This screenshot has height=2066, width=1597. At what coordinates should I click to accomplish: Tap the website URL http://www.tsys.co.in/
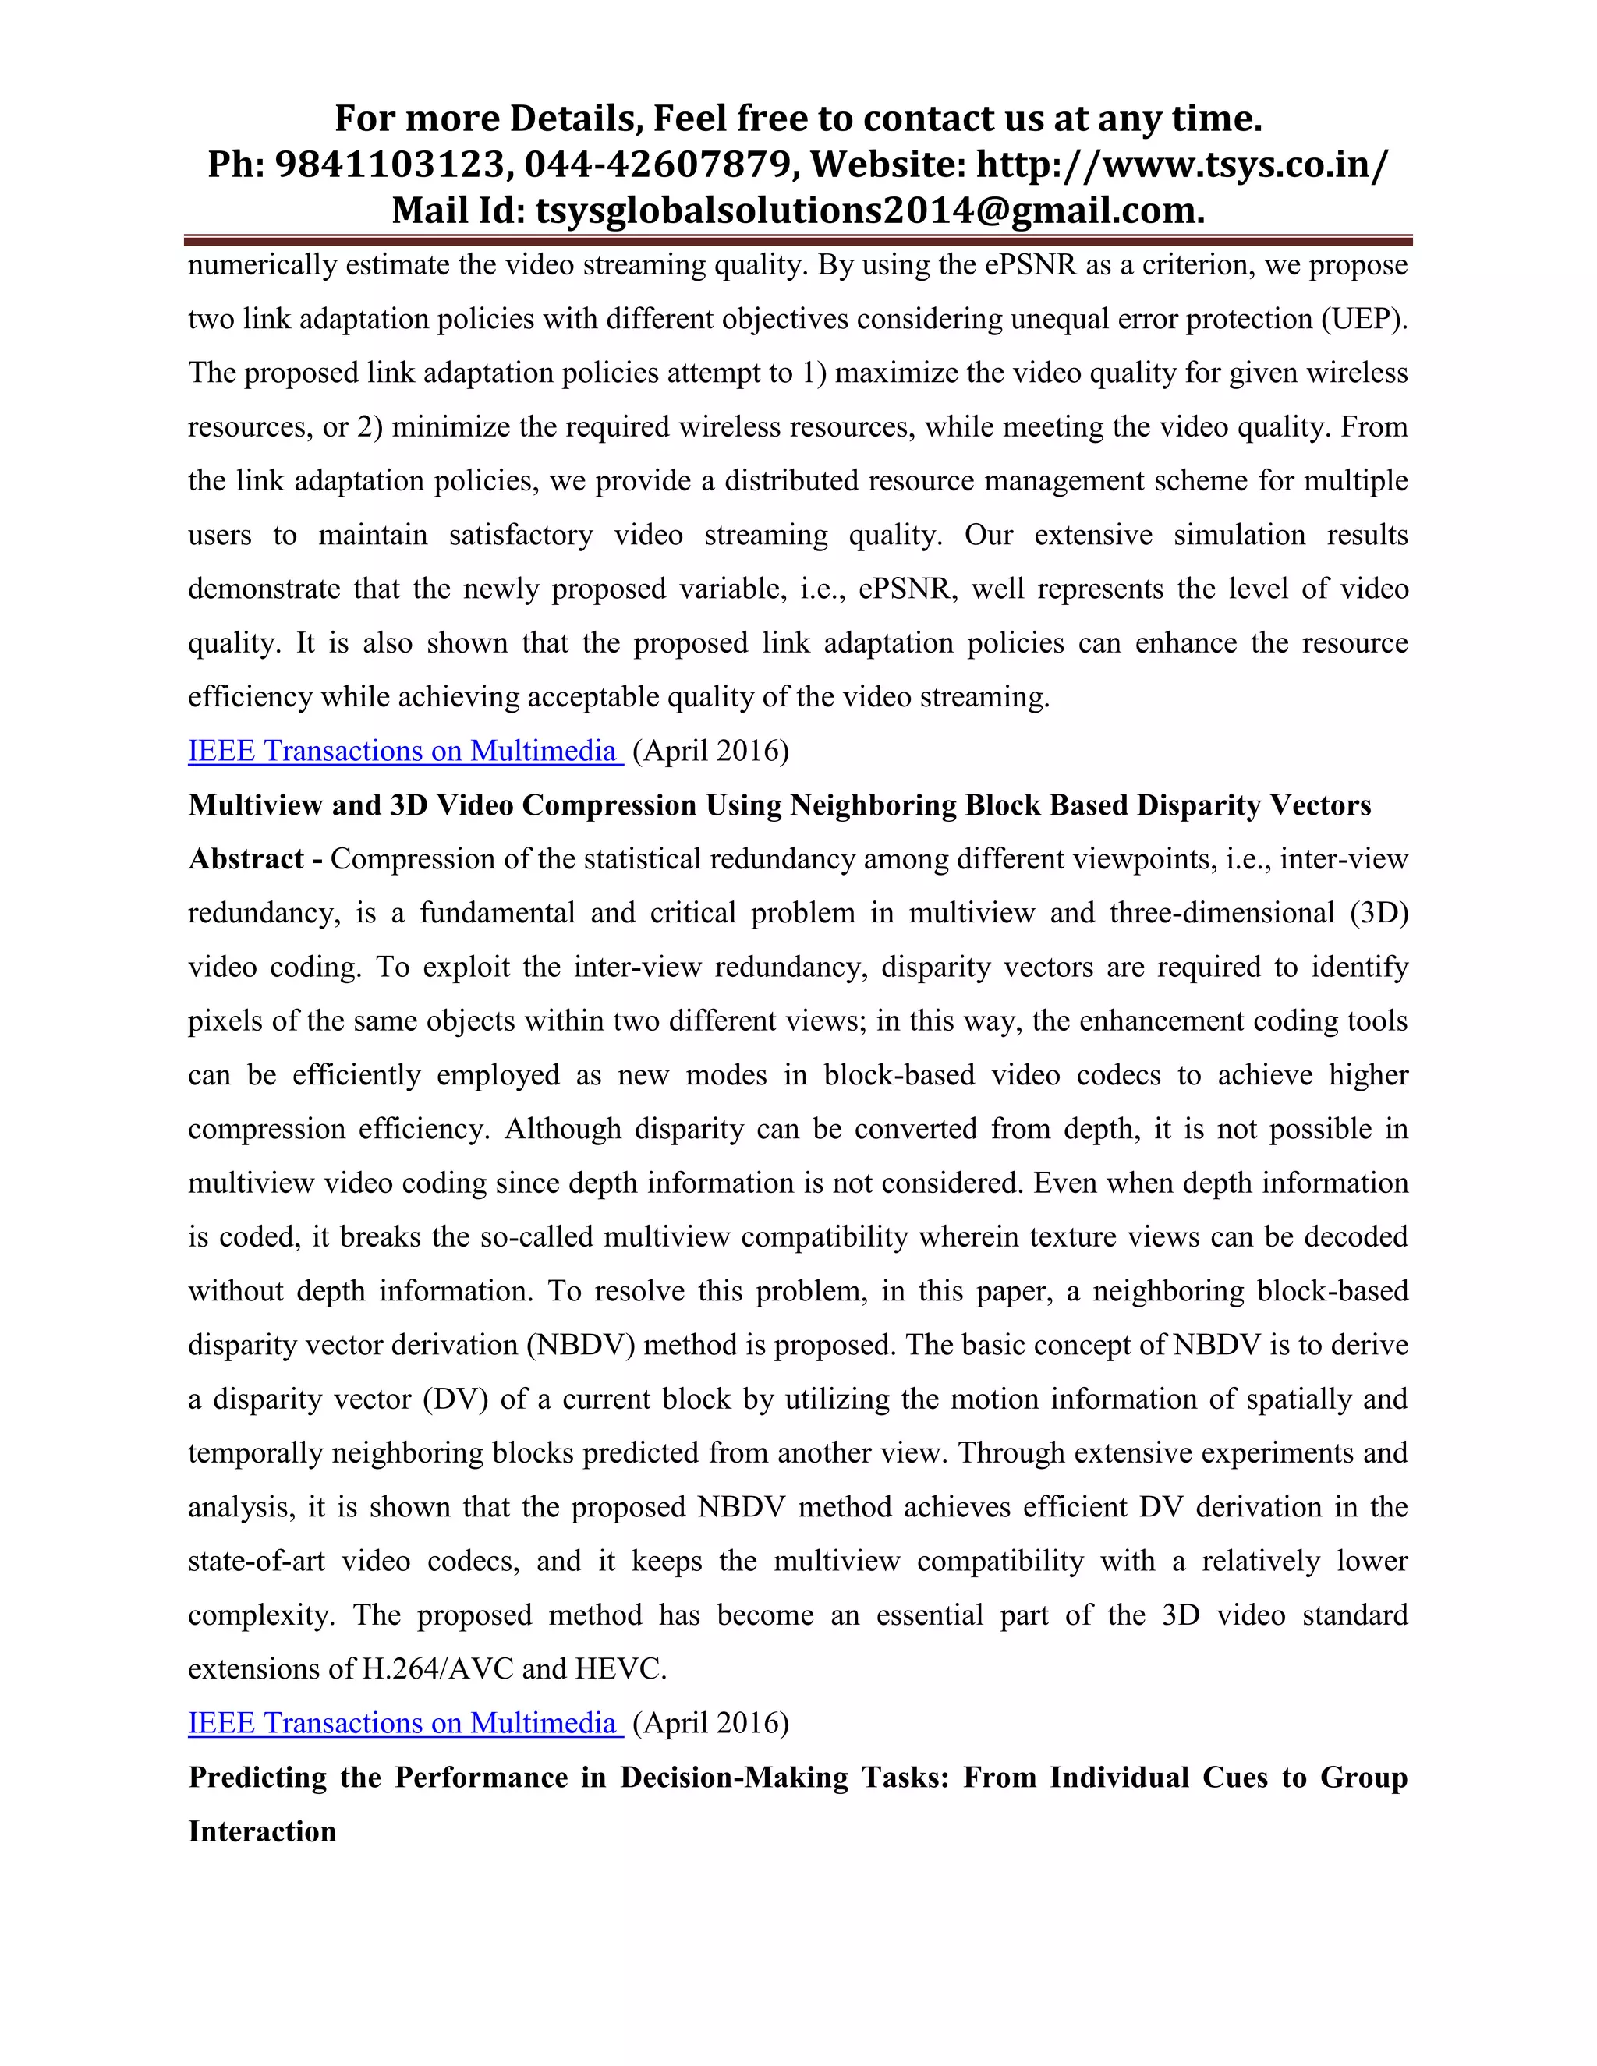click(1183, 165)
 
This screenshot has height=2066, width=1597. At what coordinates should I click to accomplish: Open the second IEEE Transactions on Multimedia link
click(405, 1724)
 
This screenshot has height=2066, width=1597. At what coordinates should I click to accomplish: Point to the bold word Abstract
click(246, 859)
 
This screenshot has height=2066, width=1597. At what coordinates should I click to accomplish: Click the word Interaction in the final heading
click(262, 1831)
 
